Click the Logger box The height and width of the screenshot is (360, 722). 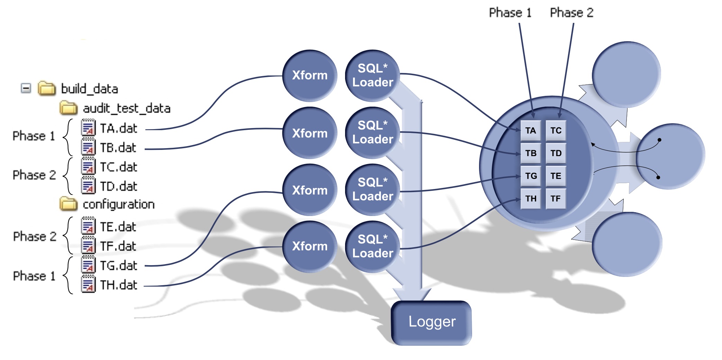click(431, 322)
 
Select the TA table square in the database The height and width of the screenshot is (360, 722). click(530, 130)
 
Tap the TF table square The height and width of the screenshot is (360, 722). click(556, 198)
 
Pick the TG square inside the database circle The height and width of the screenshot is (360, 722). click(530, 176)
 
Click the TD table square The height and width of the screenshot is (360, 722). click(556, 153)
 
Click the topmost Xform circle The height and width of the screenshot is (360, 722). click(309, 75)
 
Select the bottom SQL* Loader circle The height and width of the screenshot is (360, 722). click(372, 246)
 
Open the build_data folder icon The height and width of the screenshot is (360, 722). click(47, 89)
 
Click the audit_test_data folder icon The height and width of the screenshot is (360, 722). click(68, 108)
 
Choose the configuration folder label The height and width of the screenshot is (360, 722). click(118, 204)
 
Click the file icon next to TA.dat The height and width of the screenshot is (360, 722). click(88, 128)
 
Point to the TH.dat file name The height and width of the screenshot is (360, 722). click(118, 285)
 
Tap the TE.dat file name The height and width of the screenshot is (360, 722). click(118, 227)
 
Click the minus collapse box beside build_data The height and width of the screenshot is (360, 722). click(26, 88)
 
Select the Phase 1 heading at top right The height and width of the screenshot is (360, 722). click(509, 13)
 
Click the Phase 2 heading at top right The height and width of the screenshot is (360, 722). click(571, 13)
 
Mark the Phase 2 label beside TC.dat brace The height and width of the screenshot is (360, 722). click(34, 175)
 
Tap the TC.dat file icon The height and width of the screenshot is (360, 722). click(88, 167)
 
